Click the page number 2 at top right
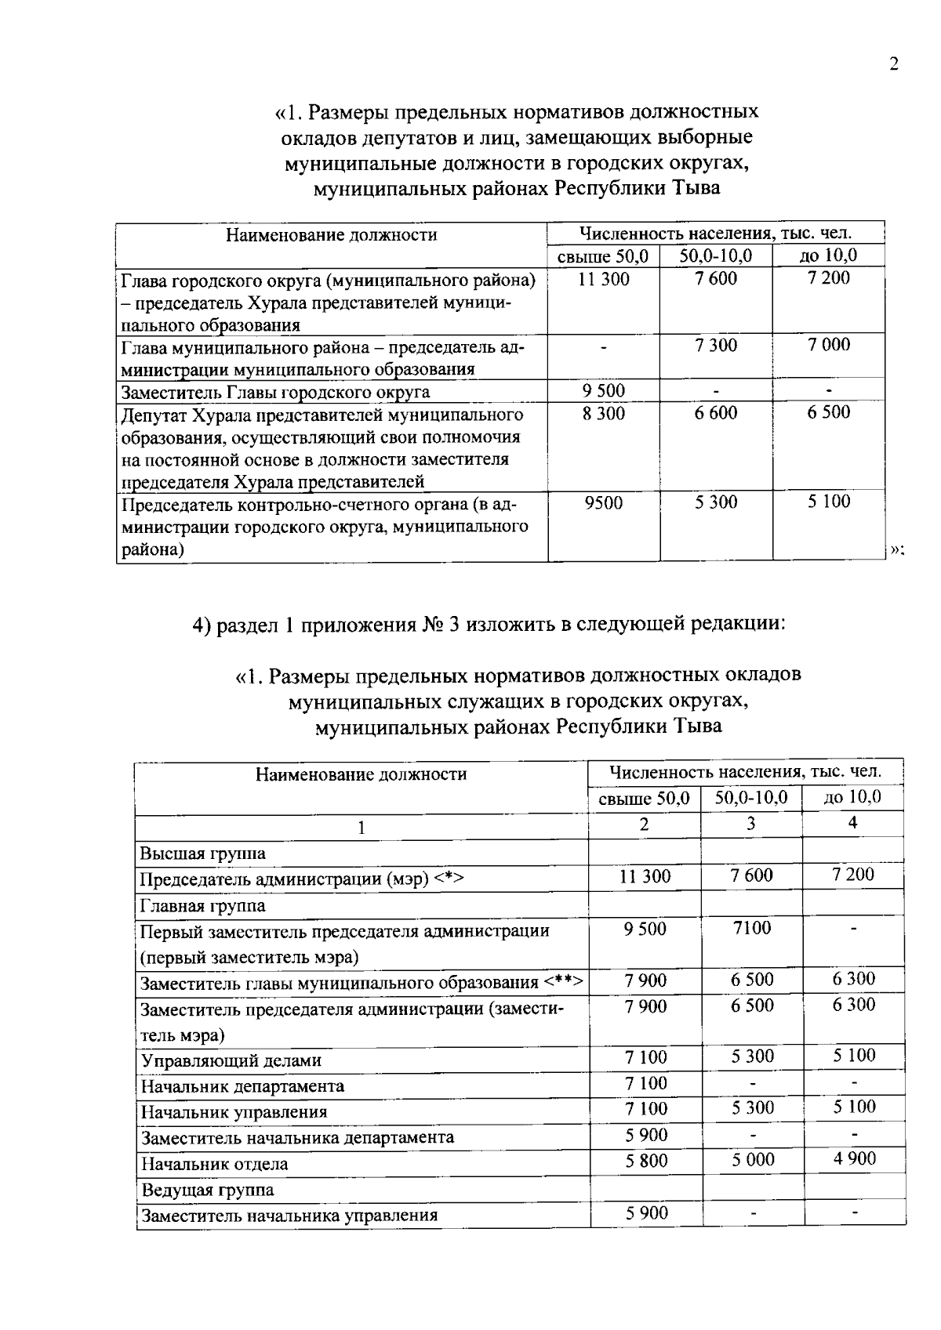tap(893, 64)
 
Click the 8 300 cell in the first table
tap(604, 413)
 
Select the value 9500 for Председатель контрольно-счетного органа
tap(604, 502)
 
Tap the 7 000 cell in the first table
tap(829, 345)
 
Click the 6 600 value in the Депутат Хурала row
tap(716, 413)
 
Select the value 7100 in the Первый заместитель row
tap(752, 928)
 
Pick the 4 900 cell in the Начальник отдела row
tap(854, 1158)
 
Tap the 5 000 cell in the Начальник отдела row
tap(753, 1159)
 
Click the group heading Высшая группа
tap(202, 853)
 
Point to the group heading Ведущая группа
tap(207, 1190)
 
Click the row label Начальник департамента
tap(242, 1086)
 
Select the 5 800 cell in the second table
tap(646, 1160)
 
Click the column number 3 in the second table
tap(751, 823)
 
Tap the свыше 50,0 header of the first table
tap(603, 256)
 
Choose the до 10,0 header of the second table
tap(852, 798)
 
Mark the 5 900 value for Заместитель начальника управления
tap(646, 1213)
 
